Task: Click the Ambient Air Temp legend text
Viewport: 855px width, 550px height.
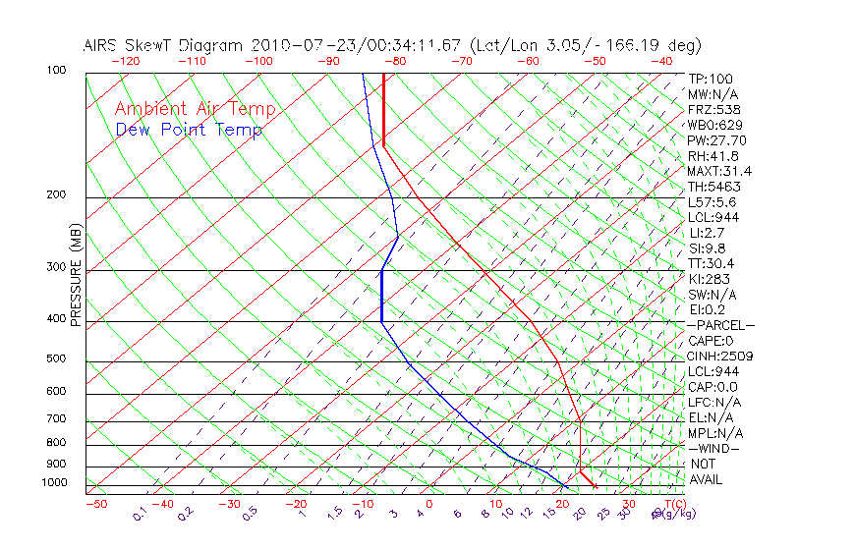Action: (x=195, y=109)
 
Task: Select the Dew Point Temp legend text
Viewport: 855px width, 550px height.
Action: (x=189, y=130)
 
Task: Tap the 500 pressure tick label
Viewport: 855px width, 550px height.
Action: (x=55, y=359)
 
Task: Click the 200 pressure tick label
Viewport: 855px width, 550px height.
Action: (x=55, y=195)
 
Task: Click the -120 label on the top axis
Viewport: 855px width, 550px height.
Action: (x=125, y=61)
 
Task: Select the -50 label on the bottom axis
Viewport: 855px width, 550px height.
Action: (x=95, y=504)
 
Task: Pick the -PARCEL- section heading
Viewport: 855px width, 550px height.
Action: (x=720, y=325)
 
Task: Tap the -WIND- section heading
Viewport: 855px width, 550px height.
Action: (x=712, y=448)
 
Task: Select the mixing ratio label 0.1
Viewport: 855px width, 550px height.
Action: (x=140, y=514)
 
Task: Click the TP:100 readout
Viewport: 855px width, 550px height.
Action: (x=711, y=79)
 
